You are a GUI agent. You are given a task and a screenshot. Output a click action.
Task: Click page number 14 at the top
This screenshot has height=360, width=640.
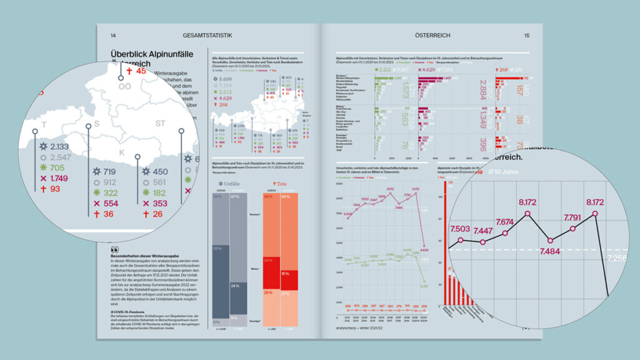coord(113,36)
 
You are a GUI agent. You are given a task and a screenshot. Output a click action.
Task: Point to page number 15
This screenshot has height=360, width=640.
coord(527,36)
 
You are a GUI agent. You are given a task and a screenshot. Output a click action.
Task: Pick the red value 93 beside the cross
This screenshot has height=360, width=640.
coord(55,189)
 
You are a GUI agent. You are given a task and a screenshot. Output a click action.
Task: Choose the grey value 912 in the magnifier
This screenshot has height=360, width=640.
coord(110,182)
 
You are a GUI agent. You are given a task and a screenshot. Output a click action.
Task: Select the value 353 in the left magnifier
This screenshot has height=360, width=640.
coord(160,204)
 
